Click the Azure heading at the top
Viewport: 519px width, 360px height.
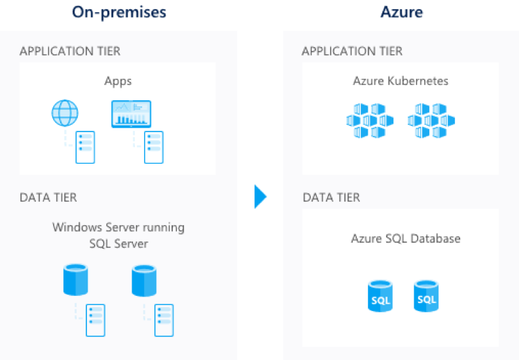click(x=401, y=12)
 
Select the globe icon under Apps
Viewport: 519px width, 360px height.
click(x=65, y=113)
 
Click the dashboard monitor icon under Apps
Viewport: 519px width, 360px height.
click(x=131, y=113)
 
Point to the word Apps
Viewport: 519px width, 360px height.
click(x=118, y=81)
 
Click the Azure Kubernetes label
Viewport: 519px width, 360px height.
click(x=401, y=81)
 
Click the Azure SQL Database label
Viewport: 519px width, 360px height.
click(x=406, y=238)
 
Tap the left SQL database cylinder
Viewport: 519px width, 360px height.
click(x=381, y=296)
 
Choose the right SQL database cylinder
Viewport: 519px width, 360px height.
click(x=426, y=296)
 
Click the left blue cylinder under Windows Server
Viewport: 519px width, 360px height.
click(x=75, y=279)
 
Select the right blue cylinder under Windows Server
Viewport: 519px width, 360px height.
click(x=144, y=279)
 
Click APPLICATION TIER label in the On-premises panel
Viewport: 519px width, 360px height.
click(x=70, y=51)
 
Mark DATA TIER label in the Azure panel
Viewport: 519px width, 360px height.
click(x=331, y=197)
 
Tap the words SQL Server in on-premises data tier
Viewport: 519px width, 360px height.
click(x=118, y=243)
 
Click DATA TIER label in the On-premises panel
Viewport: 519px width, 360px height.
click(x=48, y=197)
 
